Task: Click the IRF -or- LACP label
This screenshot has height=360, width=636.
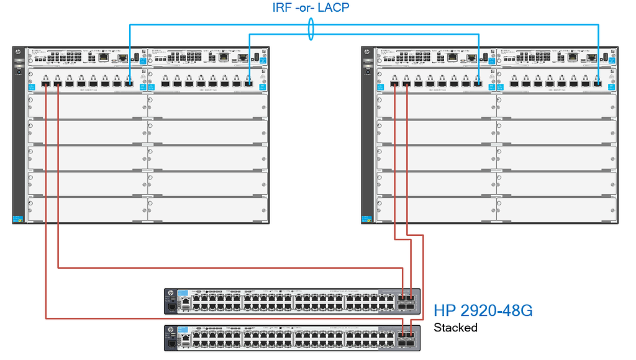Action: [311, 8]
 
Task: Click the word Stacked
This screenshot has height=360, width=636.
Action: [455, 327]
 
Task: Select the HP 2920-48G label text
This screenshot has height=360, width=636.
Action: [483, 310]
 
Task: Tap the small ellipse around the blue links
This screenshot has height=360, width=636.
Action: [311, 29]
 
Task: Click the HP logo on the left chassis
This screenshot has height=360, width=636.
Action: [18, 53]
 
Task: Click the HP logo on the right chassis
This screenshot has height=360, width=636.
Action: [366, 53]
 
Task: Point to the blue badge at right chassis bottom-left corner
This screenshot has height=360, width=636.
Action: [366, 218]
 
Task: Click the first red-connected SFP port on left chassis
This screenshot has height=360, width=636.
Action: [45, 84]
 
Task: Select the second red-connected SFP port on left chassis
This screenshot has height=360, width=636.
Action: [57, 84]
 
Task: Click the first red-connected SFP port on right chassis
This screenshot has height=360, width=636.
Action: [394, 84]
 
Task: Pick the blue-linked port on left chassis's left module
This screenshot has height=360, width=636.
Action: [129, 84]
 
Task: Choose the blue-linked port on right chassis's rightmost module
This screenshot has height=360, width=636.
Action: [597, 84]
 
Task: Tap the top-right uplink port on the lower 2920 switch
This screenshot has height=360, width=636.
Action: [411, 335]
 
